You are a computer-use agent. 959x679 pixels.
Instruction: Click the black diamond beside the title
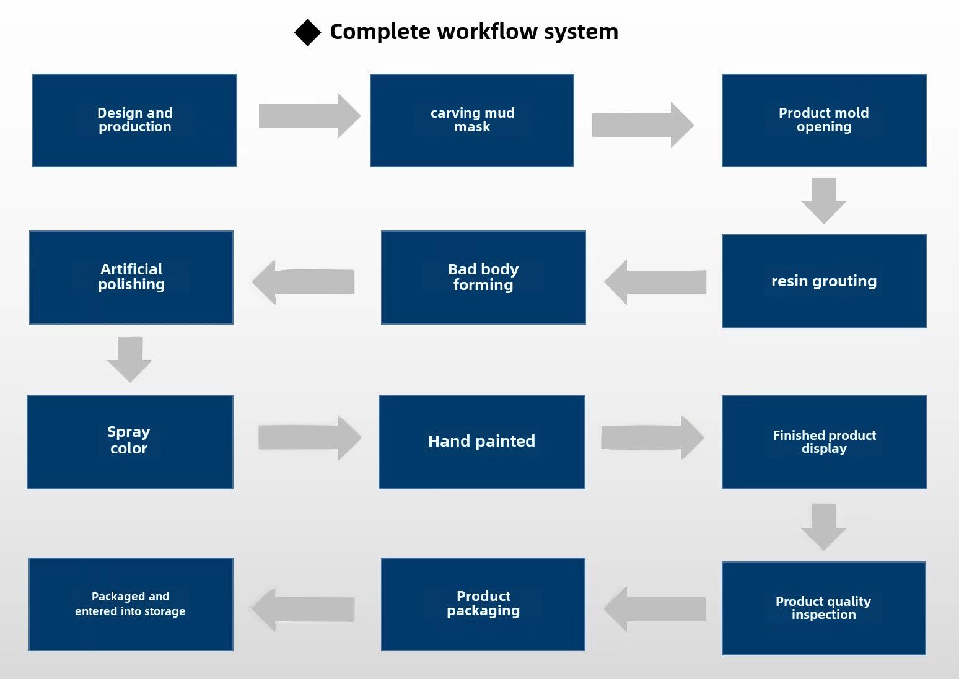click(x=307, y=33)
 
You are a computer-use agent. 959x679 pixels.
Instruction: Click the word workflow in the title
click(x=487, y=32)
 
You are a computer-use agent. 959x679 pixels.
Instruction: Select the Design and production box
click(x=134, y=120)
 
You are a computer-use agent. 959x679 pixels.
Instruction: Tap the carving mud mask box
click(x=472, y=120)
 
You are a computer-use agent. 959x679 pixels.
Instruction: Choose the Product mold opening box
click(x=824, y=120)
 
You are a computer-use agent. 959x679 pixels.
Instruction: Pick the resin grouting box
click(x=824, y=281)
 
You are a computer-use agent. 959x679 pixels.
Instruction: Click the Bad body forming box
click(x=483, y=278)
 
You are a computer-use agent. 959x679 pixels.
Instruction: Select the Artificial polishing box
click(x=131, y=278)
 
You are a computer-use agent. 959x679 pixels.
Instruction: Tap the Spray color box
click(x=129, y=442)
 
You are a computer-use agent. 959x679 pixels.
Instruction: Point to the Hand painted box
click(x=481, y=442)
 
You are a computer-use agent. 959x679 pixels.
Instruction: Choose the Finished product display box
click(x=824, y=442)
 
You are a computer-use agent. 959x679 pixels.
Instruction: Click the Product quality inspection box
click(x=823, y=608)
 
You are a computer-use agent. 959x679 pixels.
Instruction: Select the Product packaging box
click(x=483, y=604)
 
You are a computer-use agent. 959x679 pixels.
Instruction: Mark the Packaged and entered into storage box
click(x=131, y=604)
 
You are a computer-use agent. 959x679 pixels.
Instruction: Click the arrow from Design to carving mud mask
click(x=310, y=116)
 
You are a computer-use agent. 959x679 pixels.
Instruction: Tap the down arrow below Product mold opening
click(x=824, y=201)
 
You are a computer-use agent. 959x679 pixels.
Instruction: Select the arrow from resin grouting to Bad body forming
click(x=655, y=282)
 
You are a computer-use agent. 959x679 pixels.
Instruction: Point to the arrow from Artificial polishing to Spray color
click(x=129, y=359)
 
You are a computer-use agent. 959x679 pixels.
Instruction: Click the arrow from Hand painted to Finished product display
click(x=652, y=437)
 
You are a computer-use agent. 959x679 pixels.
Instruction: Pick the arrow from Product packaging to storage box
click(x=303, y=609)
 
